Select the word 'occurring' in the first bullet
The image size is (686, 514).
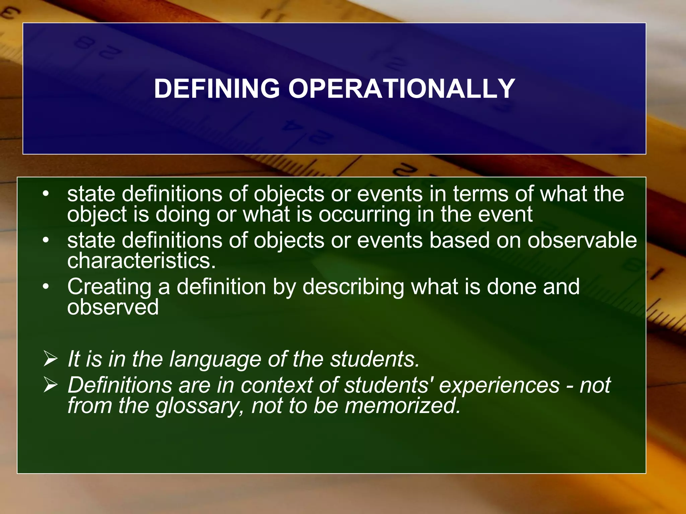click(364, 215)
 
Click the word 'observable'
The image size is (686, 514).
click(582, 240)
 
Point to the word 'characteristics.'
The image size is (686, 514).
click(141, 261)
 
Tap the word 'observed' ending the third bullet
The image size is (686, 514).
click(113, 307)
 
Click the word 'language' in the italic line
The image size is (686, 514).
click(215, 359)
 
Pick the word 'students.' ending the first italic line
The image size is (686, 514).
click(375, 359)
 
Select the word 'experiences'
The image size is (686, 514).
click(499, 385)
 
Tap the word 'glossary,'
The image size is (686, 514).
click(200, 406)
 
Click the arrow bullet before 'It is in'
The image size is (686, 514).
click(51, 359)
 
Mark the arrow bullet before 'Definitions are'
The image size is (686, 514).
click(51, 385)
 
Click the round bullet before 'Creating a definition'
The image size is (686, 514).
click(46, 287)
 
